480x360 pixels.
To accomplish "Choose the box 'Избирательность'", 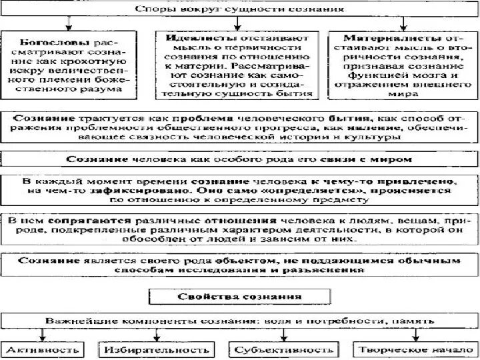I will pos(155,349).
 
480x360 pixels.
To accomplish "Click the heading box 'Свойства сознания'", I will pos(239,295).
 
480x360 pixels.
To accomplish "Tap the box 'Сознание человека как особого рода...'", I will pos(239,159).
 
